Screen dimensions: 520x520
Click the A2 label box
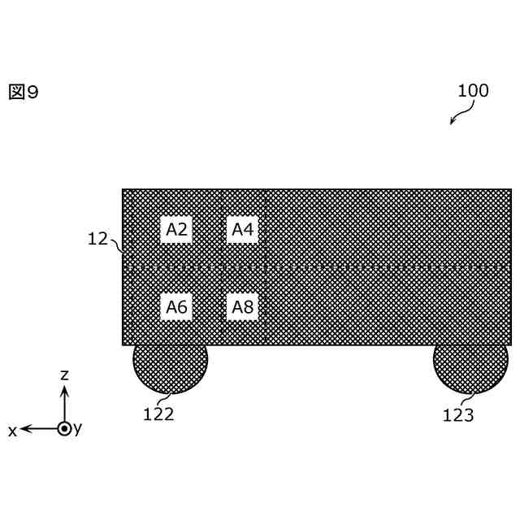coord(176,230)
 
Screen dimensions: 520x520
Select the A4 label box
coord(242,230)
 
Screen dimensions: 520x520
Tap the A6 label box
coord(176,307)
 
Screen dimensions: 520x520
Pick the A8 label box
coord(242,307)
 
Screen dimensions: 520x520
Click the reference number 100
coord(473,91)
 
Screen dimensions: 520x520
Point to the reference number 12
coord(97,239)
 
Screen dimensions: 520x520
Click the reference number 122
coord(158,414)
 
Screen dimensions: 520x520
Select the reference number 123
coord(458,416)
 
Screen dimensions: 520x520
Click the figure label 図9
coord(24,93)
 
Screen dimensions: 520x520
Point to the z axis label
coord(65,375)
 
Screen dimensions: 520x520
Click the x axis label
coord(12,431)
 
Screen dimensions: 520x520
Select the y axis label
coord(78,428)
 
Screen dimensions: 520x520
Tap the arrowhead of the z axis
coord(65,391)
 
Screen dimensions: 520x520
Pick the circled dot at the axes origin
coord(65,428)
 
